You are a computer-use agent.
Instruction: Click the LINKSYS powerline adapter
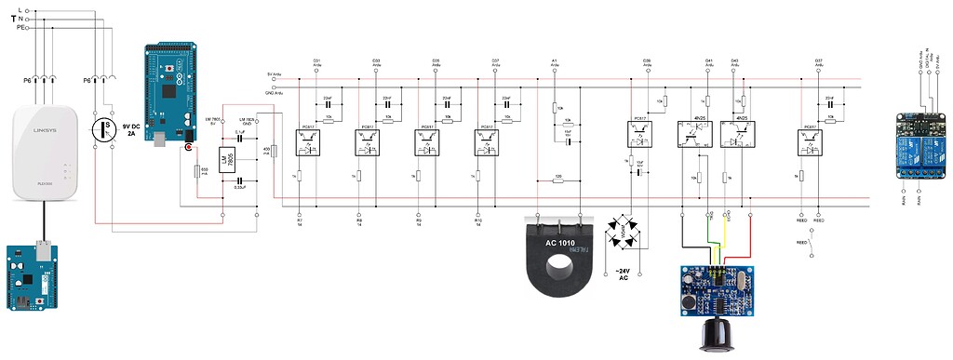[x=44, y=153]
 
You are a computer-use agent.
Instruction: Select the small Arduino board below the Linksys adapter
[x=33, y=277]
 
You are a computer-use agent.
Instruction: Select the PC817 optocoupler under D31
[x=307, y=142]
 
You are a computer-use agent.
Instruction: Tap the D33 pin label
[x=376, y=62]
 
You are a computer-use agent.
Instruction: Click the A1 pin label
[x=555, y=62]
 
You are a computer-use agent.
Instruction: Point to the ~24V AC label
[x=623, y=275]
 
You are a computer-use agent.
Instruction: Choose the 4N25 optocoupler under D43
[x=742, y=134]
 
